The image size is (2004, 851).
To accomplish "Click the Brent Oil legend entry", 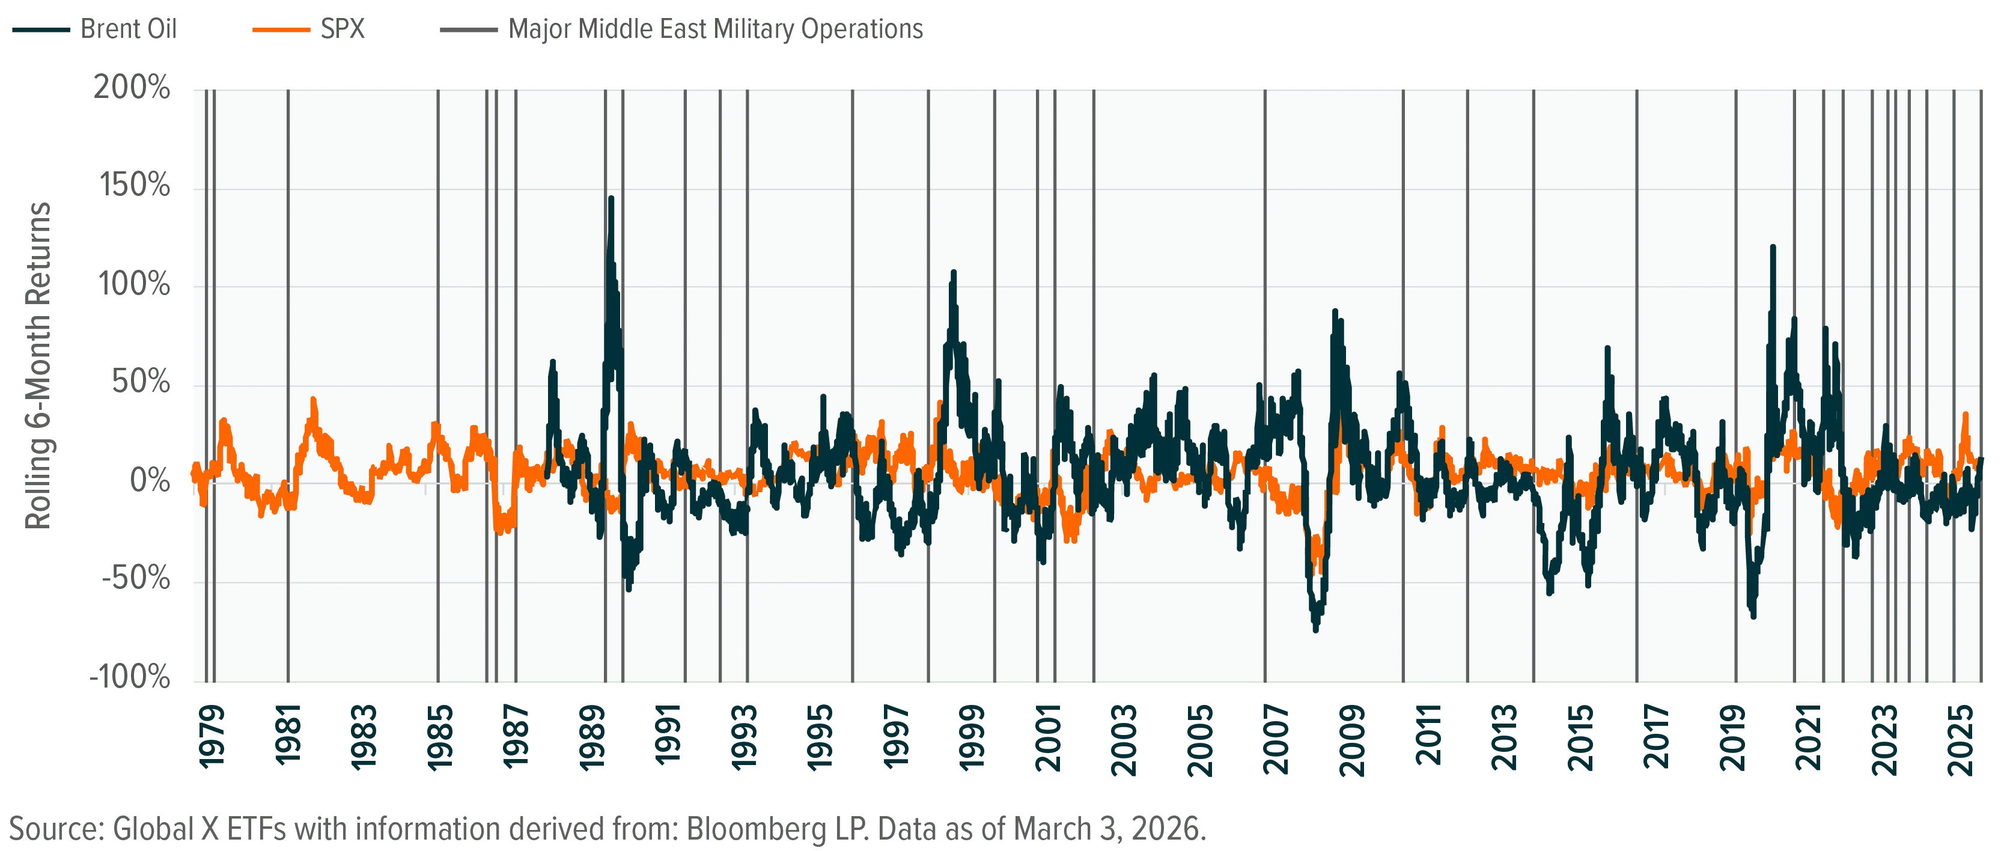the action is [x=129, y=29].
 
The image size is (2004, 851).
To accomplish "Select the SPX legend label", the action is [x=343, y=29].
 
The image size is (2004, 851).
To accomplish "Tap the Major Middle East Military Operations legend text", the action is [x=716, y=29].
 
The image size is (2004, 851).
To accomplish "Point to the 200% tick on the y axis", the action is [x=132, y=87].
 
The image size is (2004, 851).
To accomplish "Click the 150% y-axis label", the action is [x=135, y=185].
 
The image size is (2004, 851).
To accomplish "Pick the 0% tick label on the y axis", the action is [x=150, y=480].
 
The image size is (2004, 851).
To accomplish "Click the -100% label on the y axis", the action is [x=130, y=677].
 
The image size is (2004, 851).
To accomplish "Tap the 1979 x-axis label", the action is [x=212, y=737].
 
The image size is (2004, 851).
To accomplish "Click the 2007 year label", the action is [x=1276, y=740].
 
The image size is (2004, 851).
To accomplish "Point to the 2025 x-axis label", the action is [x=1960, y=740].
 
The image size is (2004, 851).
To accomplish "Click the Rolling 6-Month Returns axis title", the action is [x=38, y=365].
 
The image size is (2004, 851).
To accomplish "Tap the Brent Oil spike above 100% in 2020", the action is [x=1773, y=248].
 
